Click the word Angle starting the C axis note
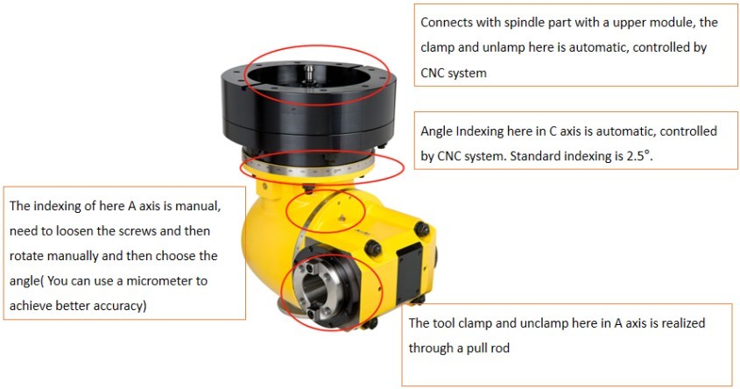point(436,131)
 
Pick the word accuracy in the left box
point(123,306)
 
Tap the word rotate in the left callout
point(27,257)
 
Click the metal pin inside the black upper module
point(308,74)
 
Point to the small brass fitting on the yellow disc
point(342,217)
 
